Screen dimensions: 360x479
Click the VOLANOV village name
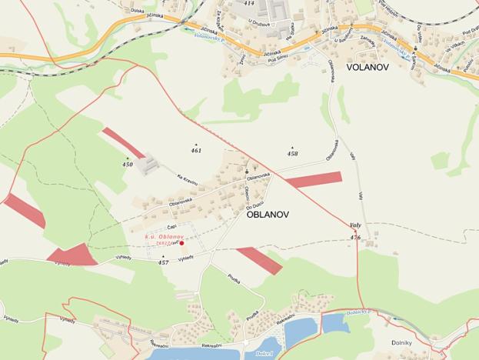368,68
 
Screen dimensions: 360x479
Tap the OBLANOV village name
268,215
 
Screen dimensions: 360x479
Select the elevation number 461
196,150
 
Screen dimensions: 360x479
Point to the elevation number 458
292,154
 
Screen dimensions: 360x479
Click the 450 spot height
128,165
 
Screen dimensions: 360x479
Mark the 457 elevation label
163,262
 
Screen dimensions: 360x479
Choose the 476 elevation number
354,238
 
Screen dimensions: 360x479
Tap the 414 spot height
248,3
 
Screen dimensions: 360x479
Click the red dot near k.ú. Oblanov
181,243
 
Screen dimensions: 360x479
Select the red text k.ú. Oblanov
165,236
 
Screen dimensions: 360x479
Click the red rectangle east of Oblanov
313,180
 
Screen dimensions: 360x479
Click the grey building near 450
148,164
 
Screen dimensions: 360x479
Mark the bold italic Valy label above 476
355,225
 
